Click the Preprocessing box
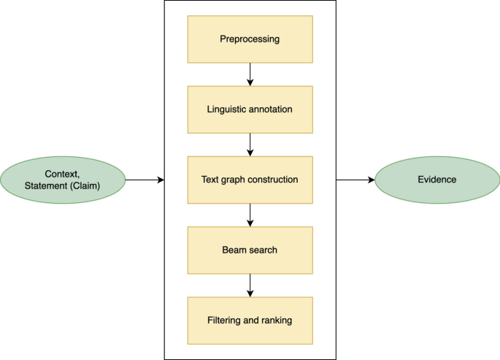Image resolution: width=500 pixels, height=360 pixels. (250, 39)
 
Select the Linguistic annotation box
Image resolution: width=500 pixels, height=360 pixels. (250, 109)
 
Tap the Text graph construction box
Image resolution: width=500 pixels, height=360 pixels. (250, 179)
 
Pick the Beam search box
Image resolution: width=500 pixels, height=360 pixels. (250, 250)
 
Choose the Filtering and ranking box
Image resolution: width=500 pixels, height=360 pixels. (250, 320)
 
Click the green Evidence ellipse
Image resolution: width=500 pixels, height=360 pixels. (436, 179)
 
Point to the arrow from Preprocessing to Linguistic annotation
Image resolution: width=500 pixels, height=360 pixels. (250, 74)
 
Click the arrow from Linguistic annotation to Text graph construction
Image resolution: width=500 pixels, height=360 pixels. (250, 144)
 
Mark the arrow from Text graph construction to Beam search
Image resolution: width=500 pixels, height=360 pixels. (250, 214)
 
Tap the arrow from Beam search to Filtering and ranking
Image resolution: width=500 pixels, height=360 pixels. (250, 285)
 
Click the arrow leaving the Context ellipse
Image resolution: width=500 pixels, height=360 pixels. (145, 179)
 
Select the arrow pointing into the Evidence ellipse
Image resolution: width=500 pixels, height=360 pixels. (355, 179)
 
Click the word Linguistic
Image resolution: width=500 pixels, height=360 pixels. (228, 109)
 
